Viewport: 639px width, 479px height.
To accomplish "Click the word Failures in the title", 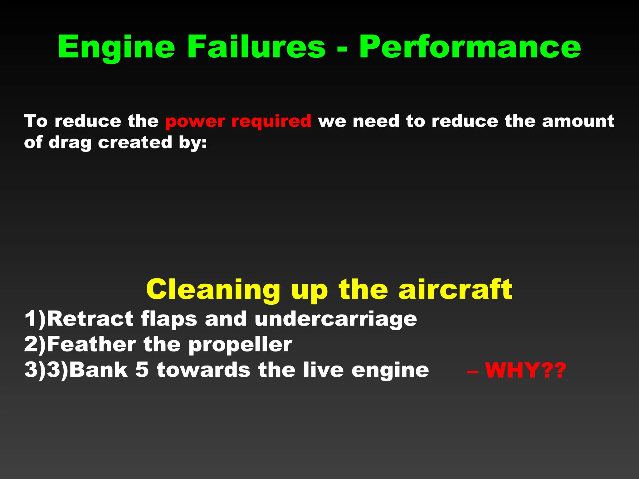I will [256, 47].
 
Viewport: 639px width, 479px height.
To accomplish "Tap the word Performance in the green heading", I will [470, 47].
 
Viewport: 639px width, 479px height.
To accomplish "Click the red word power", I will [195, 121].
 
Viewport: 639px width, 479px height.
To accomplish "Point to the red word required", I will [271, 121].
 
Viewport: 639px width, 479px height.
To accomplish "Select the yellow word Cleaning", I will [213, 289].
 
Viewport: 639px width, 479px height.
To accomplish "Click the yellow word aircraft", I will [455, 289].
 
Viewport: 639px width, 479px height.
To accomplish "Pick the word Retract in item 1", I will [90, 319].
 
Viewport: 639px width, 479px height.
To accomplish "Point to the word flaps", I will [169, 319].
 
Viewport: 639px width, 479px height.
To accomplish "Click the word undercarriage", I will [336, 319].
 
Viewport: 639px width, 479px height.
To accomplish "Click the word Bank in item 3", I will [98, 370].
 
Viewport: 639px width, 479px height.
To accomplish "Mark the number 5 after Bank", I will [142, 370].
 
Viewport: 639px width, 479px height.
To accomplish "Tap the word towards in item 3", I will [203, 370].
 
